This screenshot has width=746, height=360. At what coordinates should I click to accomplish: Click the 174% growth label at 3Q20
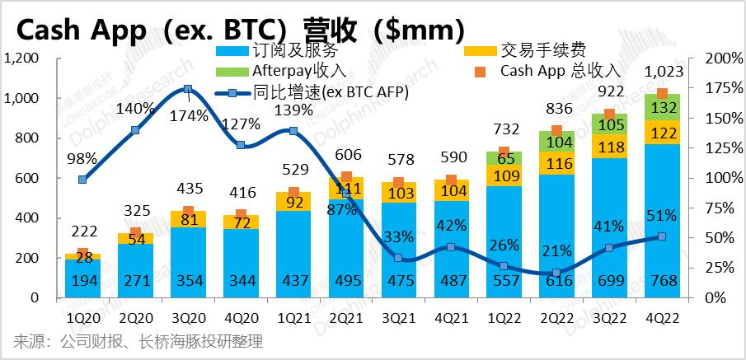click(x=189, y=115)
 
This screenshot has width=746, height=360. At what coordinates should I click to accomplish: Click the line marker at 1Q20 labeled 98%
click(x=82, y=180)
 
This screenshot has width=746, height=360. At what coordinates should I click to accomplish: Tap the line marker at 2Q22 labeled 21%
click(x=556, y=273)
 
